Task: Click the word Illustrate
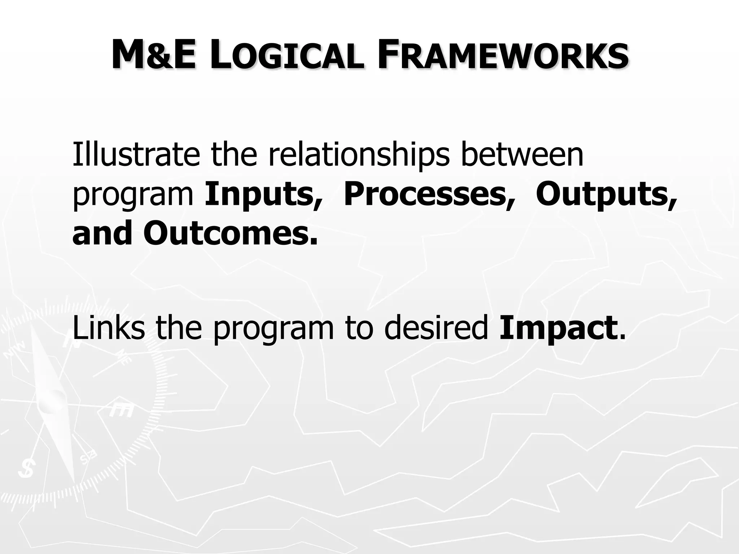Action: [136, 155]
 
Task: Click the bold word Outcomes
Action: [231, 233]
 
